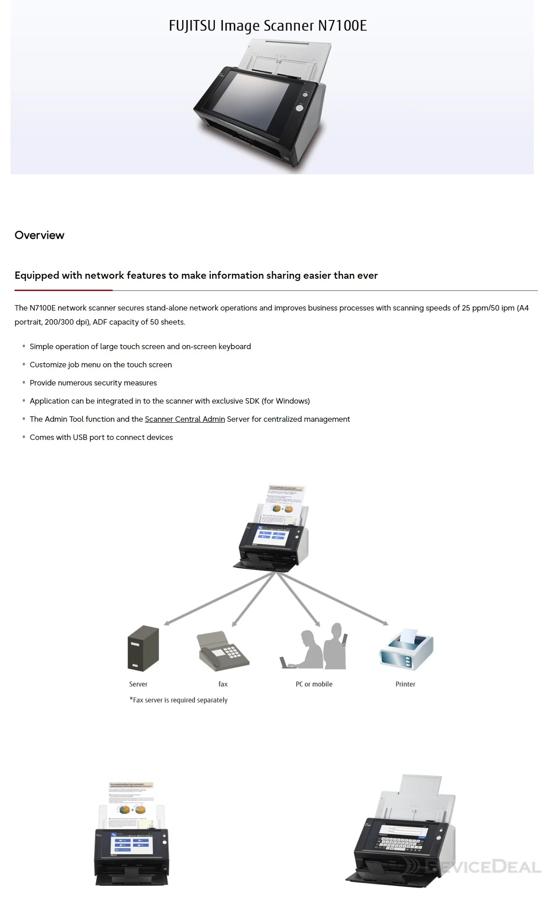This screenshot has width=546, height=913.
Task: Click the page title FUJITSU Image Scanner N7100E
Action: [268, 25]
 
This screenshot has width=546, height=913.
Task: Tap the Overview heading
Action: [40, 235]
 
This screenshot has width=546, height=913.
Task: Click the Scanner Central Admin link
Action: [184, 419]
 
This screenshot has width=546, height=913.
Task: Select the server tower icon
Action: [143, 648]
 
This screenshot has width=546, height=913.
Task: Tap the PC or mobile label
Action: [314, 684]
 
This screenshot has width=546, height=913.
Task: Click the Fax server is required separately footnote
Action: [179, 700]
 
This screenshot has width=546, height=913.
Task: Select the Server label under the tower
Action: [138, 684]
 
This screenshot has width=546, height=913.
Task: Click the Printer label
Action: [405, 684]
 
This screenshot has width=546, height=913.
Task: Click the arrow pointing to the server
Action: [218, 599]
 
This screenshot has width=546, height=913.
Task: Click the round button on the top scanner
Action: [300, 108]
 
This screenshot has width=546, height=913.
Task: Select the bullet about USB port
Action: [101, 437]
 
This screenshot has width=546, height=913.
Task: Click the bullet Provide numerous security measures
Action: [93, 383]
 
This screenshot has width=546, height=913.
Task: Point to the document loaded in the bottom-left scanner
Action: [132, 804]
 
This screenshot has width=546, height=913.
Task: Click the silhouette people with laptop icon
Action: [313, 647]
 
